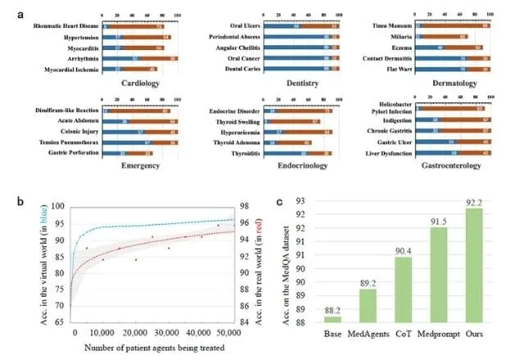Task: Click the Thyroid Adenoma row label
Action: coord(240,141)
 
